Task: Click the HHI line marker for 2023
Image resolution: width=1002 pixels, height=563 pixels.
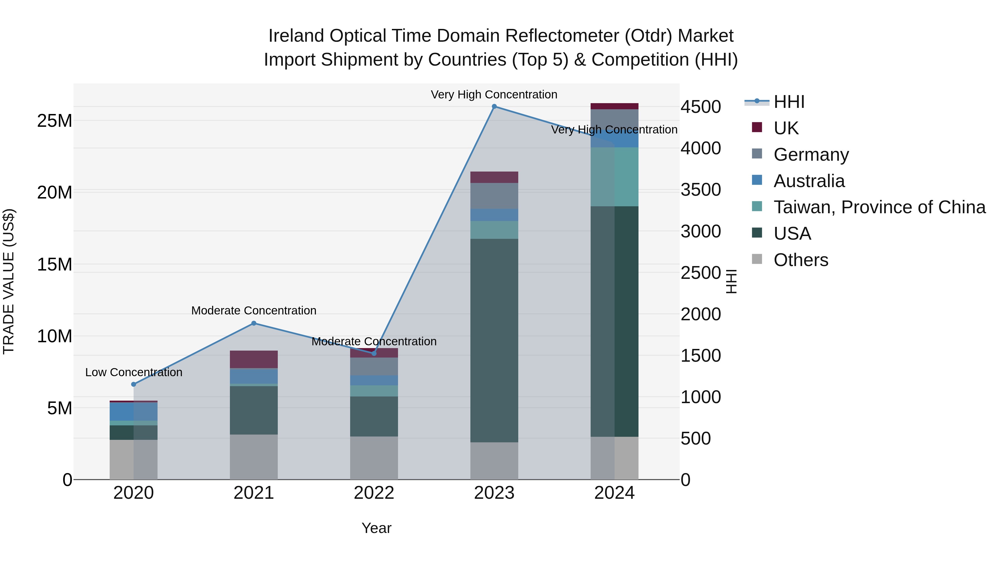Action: [494, 106]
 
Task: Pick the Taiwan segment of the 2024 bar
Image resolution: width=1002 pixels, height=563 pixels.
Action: [614, 177]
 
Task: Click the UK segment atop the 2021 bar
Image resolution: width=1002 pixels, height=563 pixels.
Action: [254, 359]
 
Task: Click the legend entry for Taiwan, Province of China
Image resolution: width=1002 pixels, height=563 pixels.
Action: [879, 207]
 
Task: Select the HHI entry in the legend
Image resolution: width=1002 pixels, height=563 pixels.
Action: [789, 102]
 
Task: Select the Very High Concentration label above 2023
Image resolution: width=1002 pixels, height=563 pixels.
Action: [494, 95]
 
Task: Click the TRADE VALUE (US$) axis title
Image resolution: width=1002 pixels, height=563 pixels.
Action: [9, 281]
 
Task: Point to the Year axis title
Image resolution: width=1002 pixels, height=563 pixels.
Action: [376, 528]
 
